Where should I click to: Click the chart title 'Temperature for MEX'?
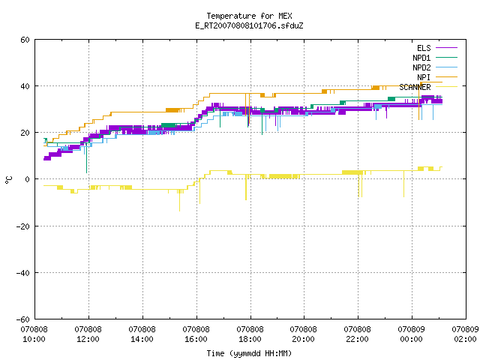(x=249, y=16)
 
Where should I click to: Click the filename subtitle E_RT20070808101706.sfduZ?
(x=249, y=25)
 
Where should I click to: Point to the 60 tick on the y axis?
(x=25, y=40)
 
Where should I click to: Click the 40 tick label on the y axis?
(x=25, y=86)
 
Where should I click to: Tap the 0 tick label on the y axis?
(x=28, y=179)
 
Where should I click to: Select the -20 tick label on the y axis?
(x=23, y=226)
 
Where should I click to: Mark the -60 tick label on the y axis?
(x=23, y=319)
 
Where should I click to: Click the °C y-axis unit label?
(x=8, y=180)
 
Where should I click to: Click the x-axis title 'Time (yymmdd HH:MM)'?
(x=249, y=353)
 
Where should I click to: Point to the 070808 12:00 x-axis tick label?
(x=88, y=334)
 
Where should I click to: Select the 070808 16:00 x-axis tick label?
(x=196, y=334)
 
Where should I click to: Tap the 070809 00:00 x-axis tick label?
(x=411, y=334)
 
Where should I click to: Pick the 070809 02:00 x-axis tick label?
(x=465, y=334)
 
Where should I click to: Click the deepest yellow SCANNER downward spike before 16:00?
(x=180, y=200)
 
